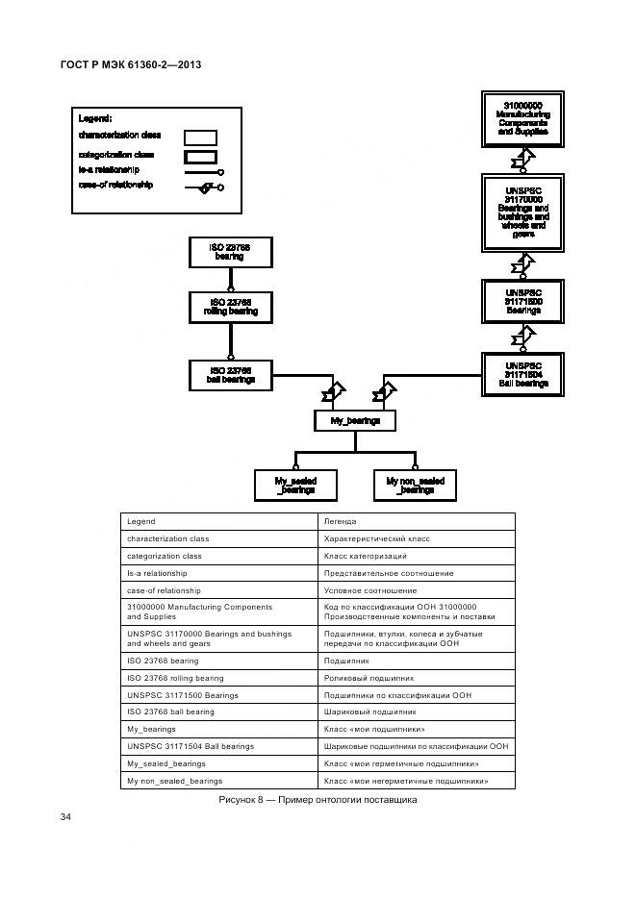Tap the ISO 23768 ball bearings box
click(x=230, y=375)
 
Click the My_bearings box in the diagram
click(x=354, y=420)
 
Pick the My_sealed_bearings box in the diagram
click(x=295, y=486)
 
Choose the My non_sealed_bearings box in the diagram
click(x=416, y=486)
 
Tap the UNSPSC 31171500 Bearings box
click(x=522, y=301)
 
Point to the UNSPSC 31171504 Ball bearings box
click(x=522, y=374)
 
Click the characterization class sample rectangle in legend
click(x=200, y=137)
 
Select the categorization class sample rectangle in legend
click(x=200, y=156)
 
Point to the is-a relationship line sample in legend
click(x=197, y=172)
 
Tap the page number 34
click(x=66, y=817)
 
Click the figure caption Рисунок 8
click(x=318, y=800)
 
